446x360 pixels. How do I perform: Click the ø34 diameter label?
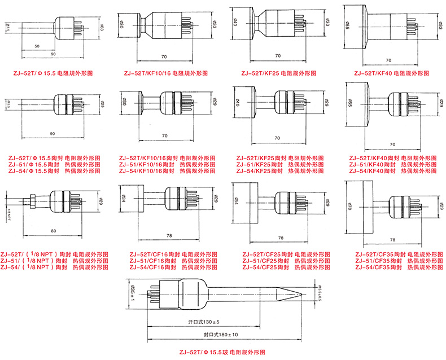point(124,199)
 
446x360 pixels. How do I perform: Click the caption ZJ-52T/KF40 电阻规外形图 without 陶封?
point(389,73)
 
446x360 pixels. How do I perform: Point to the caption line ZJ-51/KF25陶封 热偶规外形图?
point(280,164)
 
